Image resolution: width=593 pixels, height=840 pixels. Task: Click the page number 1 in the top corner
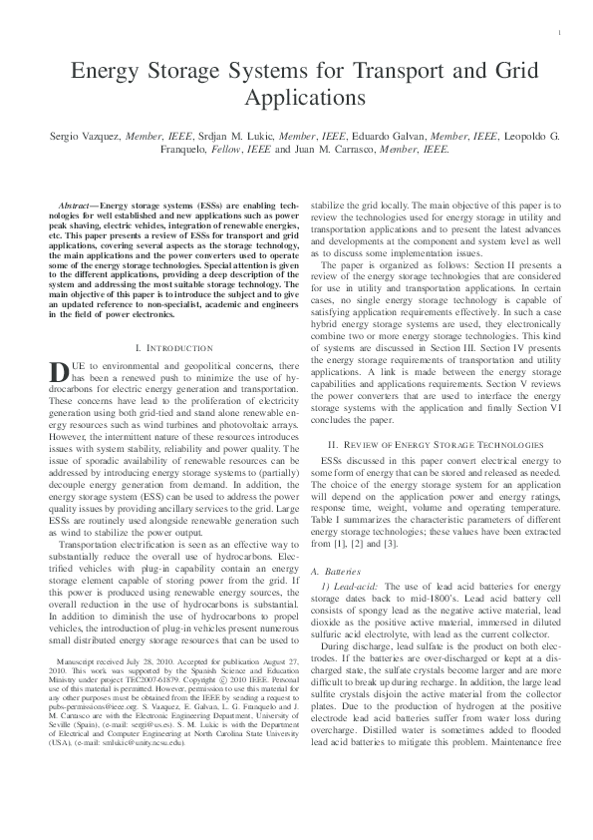coord(561,34)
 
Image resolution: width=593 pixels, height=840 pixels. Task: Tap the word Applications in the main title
coord(297,99)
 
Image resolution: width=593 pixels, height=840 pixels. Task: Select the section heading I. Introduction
coord(172,348)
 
